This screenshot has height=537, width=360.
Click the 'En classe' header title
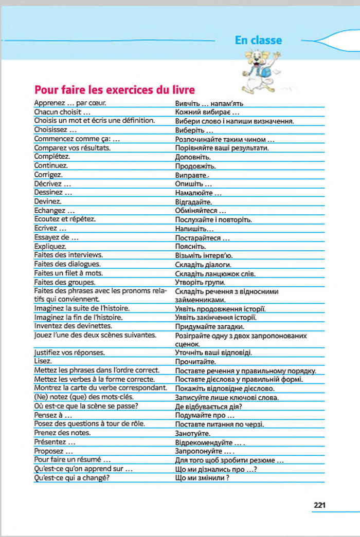[258, 40]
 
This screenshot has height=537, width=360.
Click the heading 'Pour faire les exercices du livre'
[114, 89]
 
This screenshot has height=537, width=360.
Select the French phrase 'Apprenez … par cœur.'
[70, 103]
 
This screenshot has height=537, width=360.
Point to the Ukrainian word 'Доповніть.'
[192, 156]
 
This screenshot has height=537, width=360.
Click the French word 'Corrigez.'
[48, 174]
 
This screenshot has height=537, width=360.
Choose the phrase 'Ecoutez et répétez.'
[65, 219]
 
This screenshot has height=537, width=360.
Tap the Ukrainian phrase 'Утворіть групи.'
[200, 283]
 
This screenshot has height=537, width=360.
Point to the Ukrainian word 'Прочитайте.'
[195, 362]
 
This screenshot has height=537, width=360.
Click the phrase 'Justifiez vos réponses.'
[69, 353]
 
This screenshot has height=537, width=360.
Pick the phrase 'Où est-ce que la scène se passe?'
[86, 406]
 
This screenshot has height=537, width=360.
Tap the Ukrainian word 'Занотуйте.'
[193, 433]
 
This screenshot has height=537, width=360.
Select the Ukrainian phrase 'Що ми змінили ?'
[202, 478]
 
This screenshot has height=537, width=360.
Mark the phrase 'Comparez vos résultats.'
[72, 147]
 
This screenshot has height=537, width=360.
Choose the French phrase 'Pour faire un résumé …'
[73, 459]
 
